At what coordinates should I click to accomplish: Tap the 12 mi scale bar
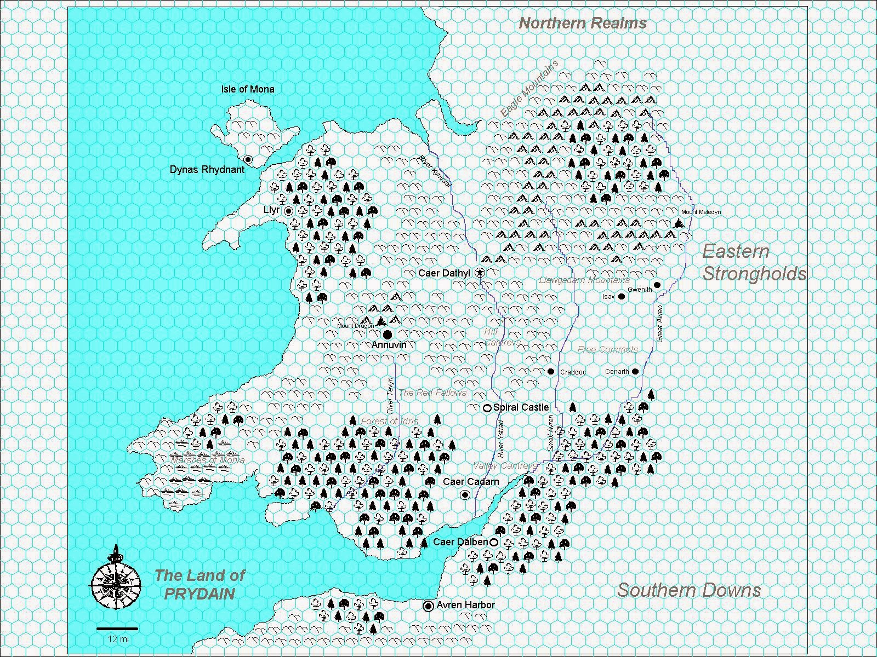click(x=117, y=629)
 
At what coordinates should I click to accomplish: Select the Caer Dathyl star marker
click(x=480, y=273)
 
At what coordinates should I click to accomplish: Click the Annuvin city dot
click(x=388, y=334)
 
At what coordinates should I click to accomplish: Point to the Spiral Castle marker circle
click(x=487, y=408)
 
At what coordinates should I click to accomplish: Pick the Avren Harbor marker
click(x=428, y=606)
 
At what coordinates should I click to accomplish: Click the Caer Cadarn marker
click(x=465, y=495)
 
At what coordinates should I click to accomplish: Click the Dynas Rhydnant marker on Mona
click(x=248, y=159)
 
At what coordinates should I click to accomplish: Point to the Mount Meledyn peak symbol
click(x=680, y=223)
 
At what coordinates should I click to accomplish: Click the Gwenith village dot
click(x=657, y=285)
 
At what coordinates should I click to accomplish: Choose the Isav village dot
click(x=622, y=297)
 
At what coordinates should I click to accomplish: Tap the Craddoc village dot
click(x=551, y=372)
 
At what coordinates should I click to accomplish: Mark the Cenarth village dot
click(x=635, y=371)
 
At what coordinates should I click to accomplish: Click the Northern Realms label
click(x=583, y=24)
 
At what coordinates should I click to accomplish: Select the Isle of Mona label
click(x=248, y=89)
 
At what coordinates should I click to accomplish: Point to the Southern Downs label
click(x=689, y=590)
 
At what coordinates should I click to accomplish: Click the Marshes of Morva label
click(x=208, y=460)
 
